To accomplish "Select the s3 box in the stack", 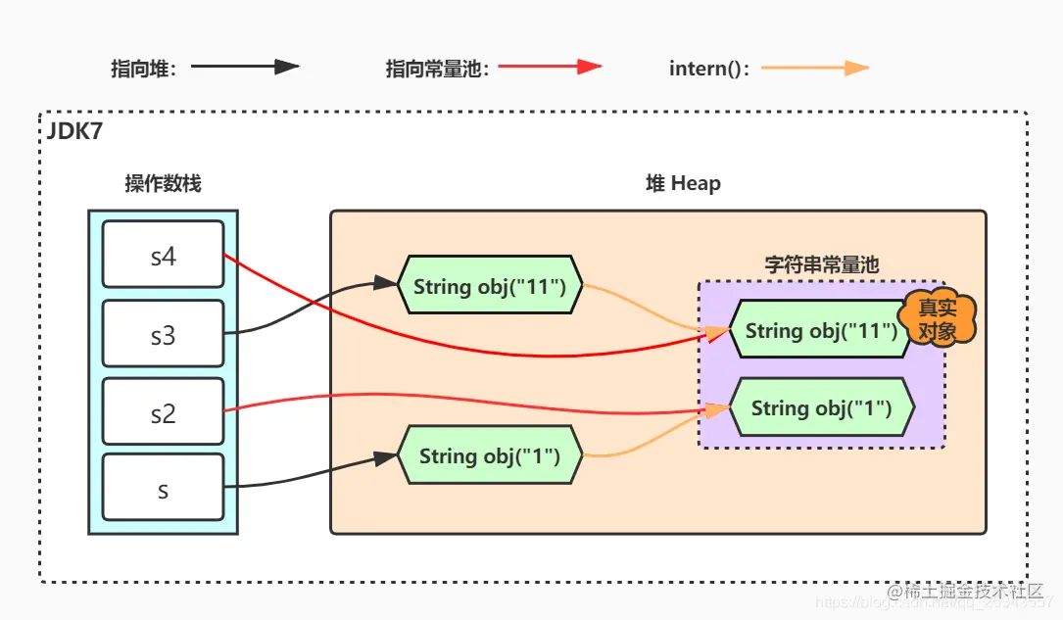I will click(x=163, y=336).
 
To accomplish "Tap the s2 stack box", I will click(x=163, y=414).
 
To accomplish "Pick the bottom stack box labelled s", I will click(x=163, y=490).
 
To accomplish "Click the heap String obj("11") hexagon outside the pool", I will click(x=490, y=286).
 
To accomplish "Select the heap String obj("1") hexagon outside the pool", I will click(x=490, y=455).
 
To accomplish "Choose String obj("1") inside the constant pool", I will click(x=821, y=407).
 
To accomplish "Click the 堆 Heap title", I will click(x=682, y=183).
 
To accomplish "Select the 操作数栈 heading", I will click(x=163, y=183).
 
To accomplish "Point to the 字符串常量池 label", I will click(x=821, y=264).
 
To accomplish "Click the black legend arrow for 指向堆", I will click(x=245, y=68).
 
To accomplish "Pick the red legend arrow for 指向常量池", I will click(x=550, y=68).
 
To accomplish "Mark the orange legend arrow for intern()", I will click(x=815, y=68).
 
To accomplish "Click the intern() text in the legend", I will click(x=708, y=69).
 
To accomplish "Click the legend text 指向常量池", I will click(x=436, y=69).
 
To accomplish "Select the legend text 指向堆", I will click(x=144, y=69).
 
